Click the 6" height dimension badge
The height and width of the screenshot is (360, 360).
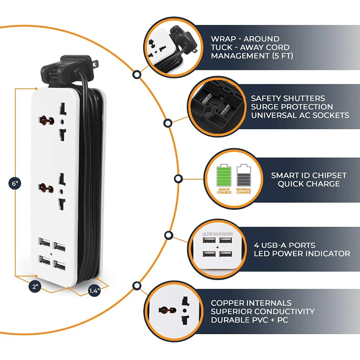(15, 184)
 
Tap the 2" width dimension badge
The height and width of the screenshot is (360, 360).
(35, 287)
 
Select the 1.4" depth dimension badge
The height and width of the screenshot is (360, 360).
(94, 291)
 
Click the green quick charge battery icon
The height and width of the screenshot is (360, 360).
(224, 175)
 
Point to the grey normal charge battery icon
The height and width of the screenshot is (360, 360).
(244, 175)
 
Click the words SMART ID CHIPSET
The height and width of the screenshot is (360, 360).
(309, 175)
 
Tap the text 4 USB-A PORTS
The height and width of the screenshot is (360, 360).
(285, 245)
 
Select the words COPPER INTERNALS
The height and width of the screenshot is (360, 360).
(251, 303)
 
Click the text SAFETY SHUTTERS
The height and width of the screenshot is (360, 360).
(288, 98)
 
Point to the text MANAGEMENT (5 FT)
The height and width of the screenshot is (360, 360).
(252, 56)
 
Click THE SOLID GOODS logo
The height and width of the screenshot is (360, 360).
(217, 234)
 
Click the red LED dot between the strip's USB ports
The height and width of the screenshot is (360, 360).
(51, 254)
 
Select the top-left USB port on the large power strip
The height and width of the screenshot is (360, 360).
(45, 242)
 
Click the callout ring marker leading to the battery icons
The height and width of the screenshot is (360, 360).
(179, 179)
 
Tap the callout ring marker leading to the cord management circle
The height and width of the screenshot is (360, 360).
(137, 75)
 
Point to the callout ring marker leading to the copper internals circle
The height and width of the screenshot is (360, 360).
(137, 286)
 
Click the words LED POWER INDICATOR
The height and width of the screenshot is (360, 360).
(302, 254)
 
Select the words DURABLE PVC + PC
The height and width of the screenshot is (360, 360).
(249, 320)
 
